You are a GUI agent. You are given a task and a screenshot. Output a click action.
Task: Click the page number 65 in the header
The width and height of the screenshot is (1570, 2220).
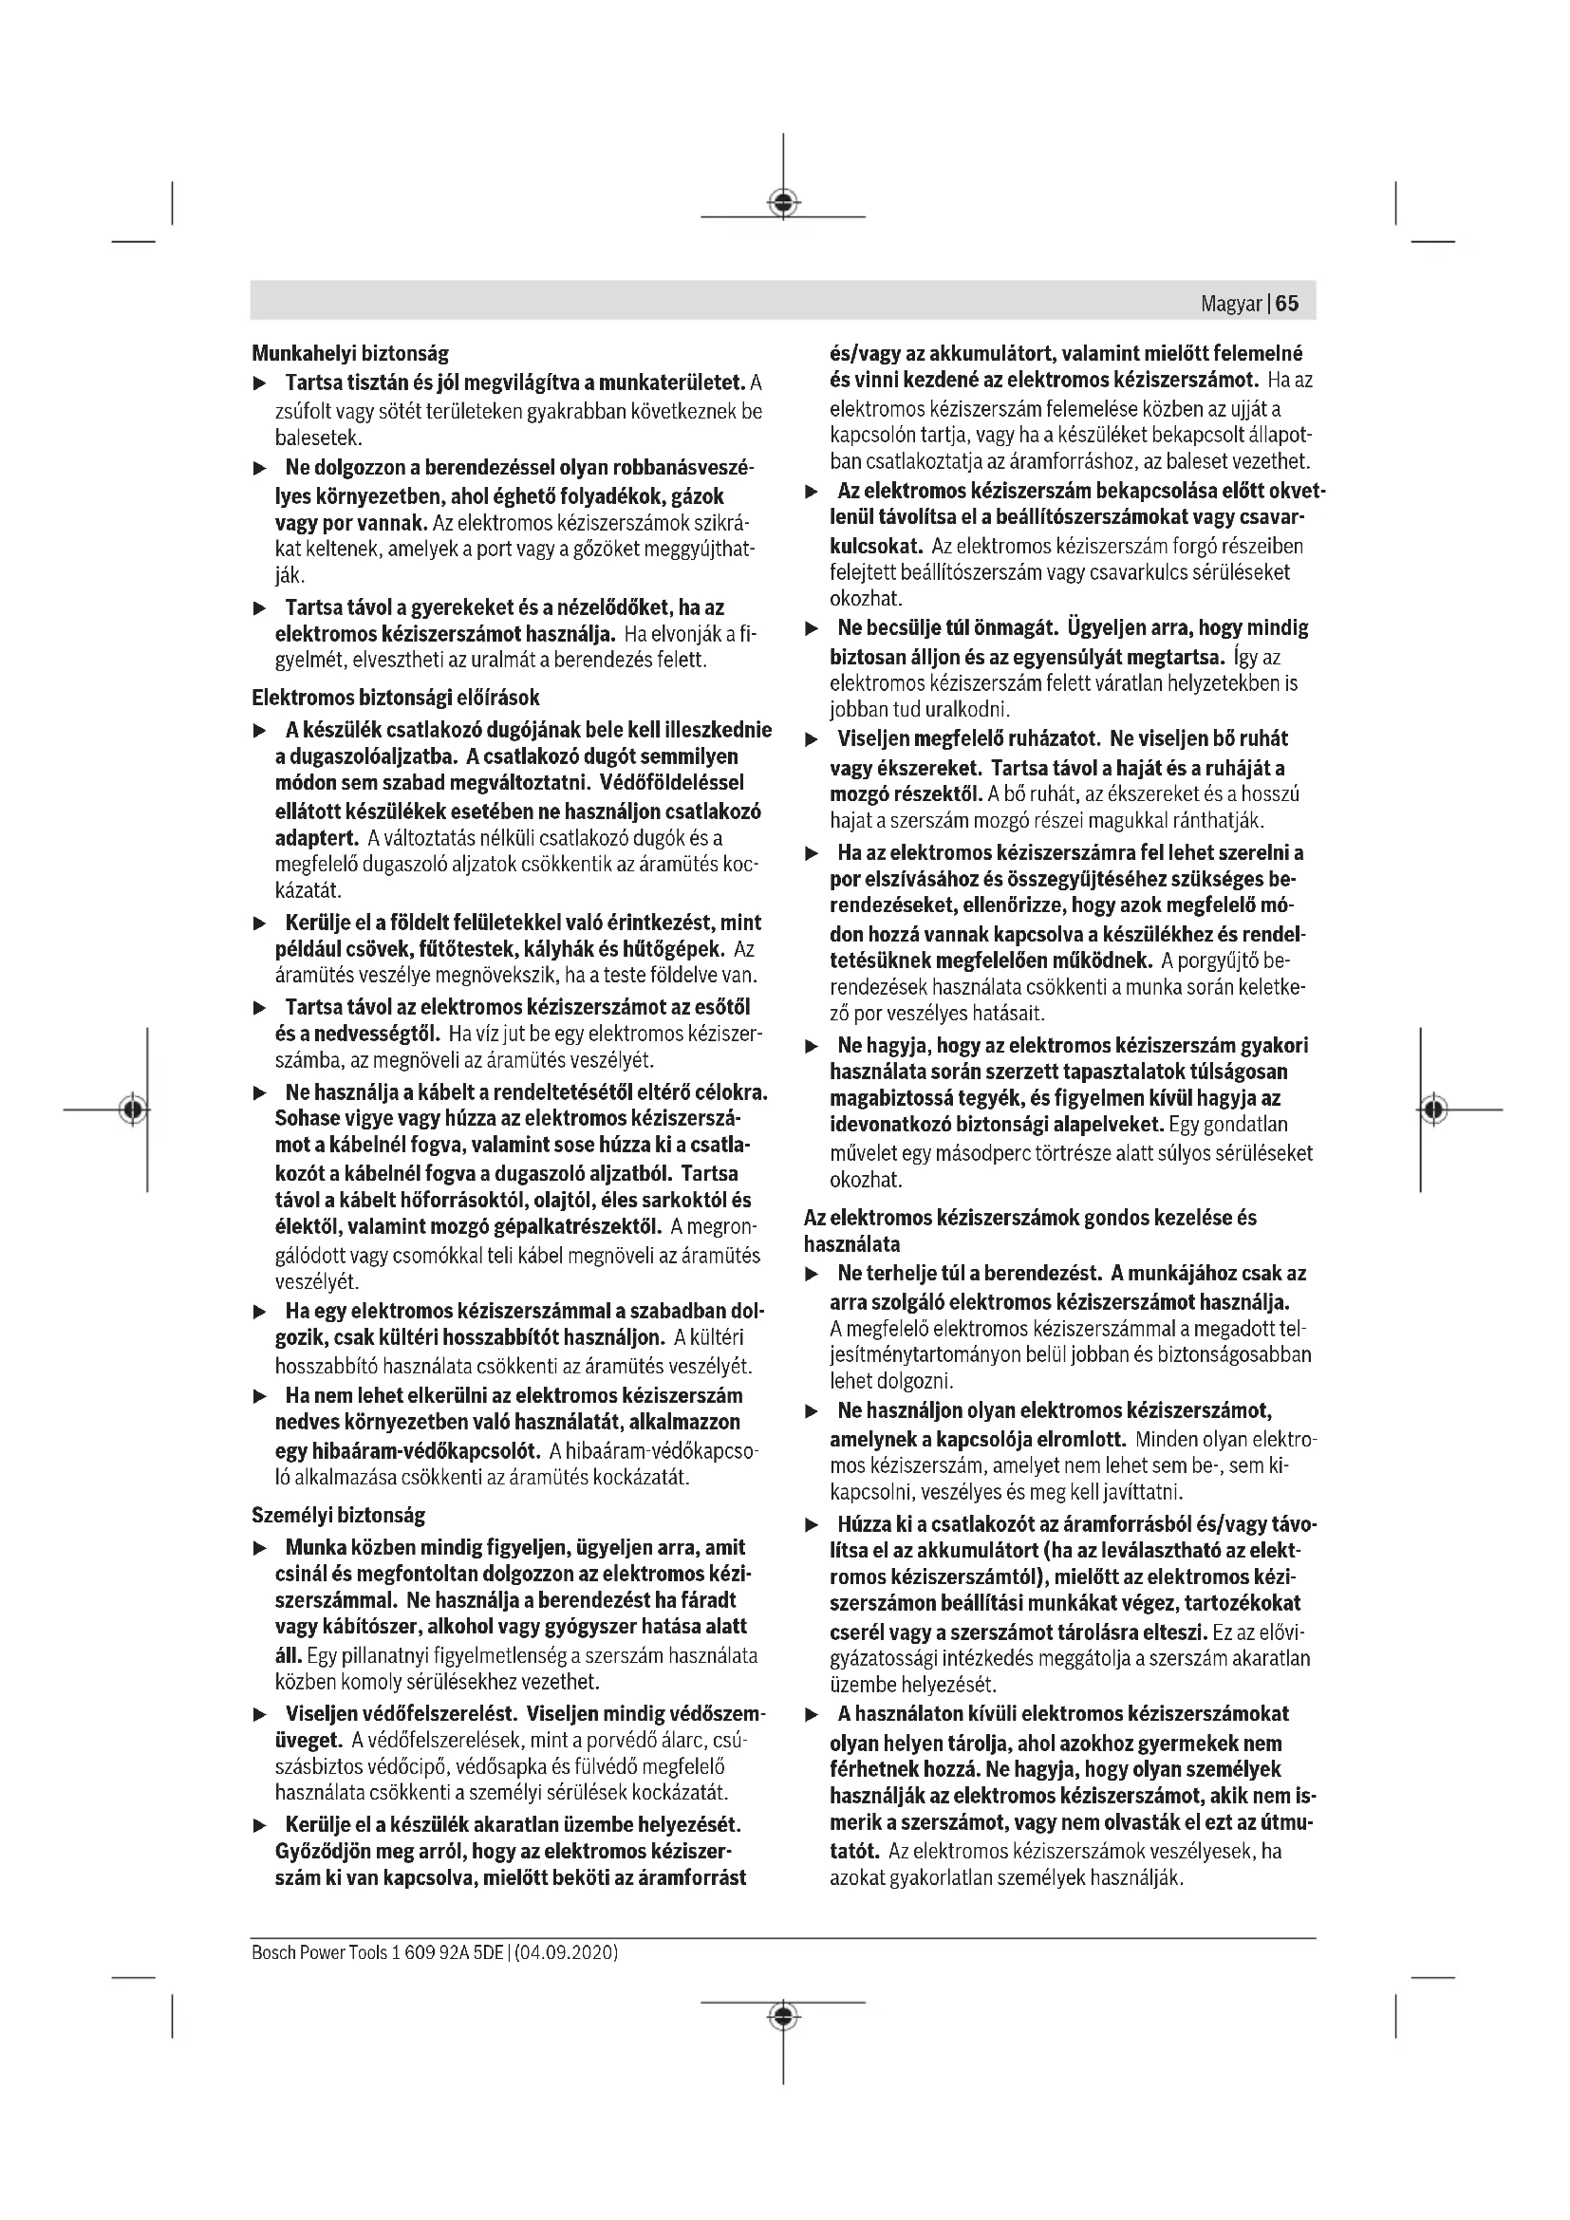click(1287, 304)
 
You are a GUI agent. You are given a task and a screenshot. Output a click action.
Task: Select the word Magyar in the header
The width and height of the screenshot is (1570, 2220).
click(1231, 304)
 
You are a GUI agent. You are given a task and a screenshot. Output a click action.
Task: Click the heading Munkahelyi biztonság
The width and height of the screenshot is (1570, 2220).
click(350, 353)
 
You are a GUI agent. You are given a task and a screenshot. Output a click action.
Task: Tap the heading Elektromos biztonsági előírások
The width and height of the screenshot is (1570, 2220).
click(396, 698)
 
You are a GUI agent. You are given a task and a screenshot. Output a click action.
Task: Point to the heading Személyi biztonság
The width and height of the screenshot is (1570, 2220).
click(338, 1514)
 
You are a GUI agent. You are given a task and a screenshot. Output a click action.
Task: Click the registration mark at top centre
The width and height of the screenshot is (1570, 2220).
click(783, 202)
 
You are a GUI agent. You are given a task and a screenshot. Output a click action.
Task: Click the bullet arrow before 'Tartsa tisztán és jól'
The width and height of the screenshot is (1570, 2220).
click(259, 383)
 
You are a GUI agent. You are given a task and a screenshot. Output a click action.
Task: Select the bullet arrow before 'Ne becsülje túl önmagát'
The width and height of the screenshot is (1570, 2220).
click(813, 629)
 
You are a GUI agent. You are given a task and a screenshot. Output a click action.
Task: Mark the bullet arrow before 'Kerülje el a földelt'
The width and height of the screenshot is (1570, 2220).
click(259, 923)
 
